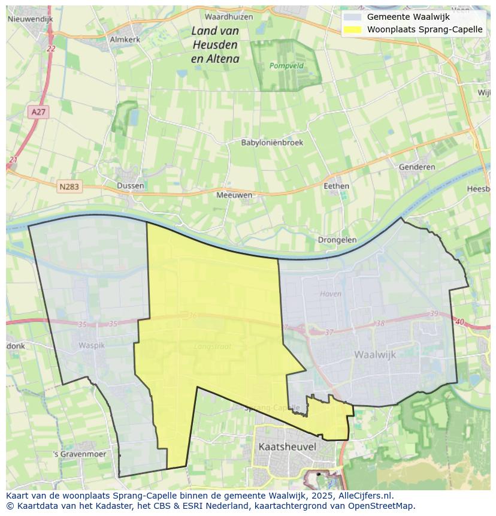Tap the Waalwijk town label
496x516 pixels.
(x=375, y=355)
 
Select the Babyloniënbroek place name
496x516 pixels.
(x=272, y=143)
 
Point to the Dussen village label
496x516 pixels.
(x=131, y=186)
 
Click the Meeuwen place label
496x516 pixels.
(x=234, y=195)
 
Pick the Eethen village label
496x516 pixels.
(x=336, y=186)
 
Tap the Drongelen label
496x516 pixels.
(x=337, y=240)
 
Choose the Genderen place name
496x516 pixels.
(x=417, y=167)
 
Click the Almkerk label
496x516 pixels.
(x=125, y=40)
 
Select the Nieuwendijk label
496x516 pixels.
(x=31, y=19)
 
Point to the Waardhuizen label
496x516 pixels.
(x=229, y=17)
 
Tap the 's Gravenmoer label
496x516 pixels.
(x=80, y=454)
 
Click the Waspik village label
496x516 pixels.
(x=91, y=346)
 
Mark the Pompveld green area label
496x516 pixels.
(x=286, y=65)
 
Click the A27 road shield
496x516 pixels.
(x=37, y=112)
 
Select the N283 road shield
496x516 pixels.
(x=69, y=187)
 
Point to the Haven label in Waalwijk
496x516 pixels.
(x=330, y=294)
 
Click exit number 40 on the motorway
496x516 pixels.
(x=459, y=322)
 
